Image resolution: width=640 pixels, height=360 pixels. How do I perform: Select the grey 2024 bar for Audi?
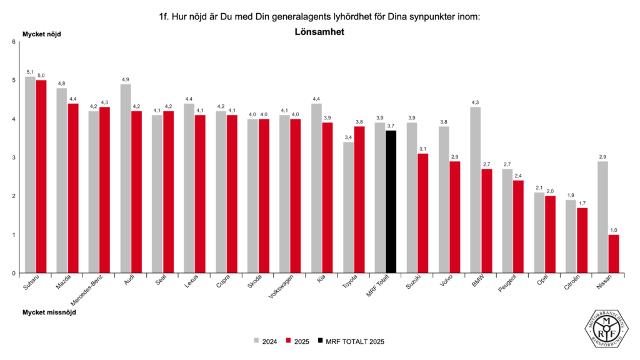[126, 178]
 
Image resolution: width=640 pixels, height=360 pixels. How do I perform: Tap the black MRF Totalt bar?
[391, 201]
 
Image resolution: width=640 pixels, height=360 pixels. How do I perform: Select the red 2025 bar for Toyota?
[359, 199]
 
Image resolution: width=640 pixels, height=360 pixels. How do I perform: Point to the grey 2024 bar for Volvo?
[444, 199]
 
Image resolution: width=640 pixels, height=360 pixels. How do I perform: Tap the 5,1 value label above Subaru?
[30, 72]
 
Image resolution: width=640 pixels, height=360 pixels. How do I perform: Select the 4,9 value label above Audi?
[126, 79]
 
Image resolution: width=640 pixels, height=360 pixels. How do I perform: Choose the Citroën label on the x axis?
[571, 287]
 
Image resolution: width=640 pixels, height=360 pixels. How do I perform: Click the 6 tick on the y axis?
[14, 42]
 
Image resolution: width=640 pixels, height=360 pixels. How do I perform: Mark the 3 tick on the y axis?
[14, 157]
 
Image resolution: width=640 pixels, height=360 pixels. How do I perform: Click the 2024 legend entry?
[266, 341]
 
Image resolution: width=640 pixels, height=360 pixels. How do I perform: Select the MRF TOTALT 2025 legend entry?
[351, 341]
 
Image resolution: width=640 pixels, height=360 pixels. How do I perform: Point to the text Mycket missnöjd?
[49, 311]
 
